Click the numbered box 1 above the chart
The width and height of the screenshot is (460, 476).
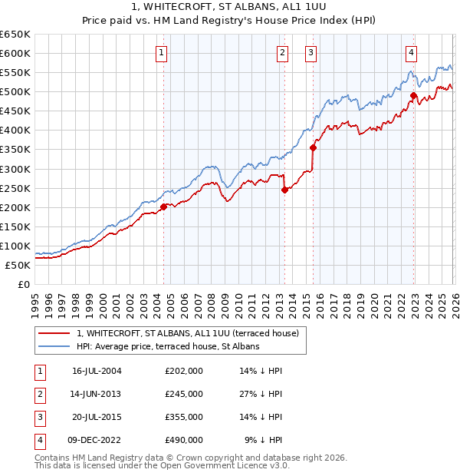[163, 53]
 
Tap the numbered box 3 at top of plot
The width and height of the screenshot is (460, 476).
[311, 53]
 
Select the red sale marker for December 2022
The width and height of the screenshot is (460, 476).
[413, 96]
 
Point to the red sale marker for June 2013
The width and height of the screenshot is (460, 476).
[284, 190]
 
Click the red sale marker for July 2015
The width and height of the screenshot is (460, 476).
[313, 147]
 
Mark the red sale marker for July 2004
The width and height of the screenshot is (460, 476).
[163, 206]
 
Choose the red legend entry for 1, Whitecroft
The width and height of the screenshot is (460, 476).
[192, 333]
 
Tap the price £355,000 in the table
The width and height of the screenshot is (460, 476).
[184, 417]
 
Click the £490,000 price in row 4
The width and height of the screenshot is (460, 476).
[184, 440]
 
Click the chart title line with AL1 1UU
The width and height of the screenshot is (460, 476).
[229, 7]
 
